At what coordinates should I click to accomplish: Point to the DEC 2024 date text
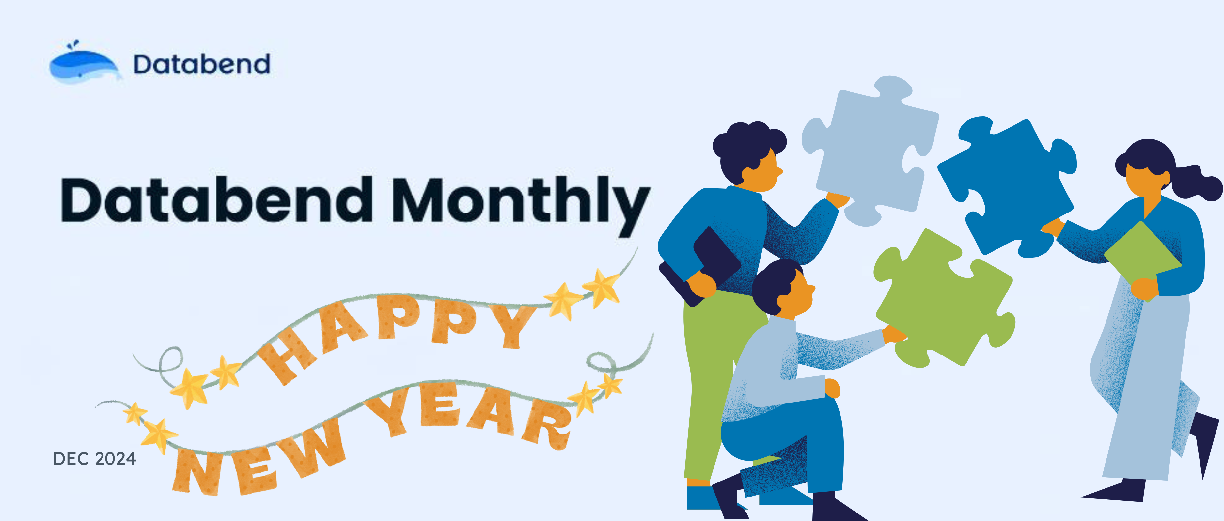95,459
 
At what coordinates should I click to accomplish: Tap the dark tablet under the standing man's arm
698,266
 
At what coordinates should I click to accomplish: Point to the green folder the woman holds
1143,259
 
